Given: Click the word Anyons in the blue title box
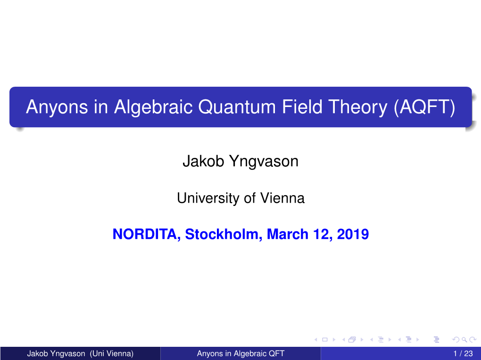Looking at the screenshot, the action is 57,107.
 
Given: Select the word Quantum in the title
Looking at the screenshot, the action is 237,107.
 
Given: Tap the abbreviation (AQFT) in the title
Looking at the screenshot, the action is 424,107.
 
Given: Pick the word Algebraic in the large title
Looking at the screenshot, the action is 153,107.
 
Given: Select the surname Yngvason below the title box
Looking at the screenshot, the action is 264,162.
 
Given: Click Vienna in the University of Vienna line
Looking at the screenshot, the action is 282,198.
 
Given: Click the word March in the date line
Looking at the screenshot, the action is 288,234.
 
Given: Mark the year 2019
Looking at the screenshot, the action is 353,234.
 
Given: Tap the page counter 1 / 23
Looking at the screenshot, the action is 463,353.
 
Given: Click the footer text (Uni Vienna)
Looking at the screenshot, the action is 112,353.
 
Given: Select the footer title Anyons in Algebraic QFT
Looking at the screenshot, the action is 241,353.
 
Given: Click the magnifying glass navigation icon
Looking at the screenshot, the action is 464,339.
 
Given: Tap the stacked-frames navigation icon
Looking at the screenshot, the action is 352,339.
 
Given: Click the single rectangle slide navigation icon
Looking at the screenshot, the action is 325,339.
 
